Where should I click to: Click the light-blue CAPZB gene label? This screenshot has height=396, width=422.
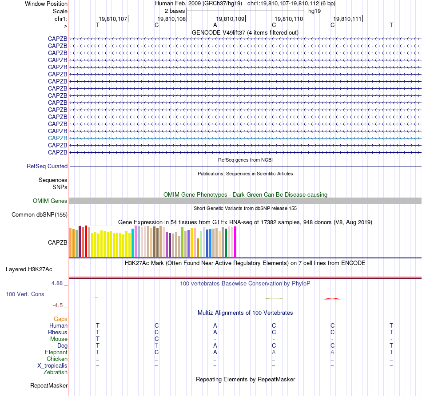tap(58, 138)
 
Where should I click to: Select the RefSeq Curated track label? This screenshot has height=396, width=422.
tap(47, 166)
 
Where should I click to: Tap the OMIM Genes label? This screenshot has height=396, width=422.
tap(50, 201)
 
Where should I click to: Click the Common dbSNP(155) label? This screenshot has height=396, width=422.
tap(40, 215)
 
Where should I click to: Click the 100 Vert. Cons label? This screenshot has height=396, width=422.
tap(25, 294)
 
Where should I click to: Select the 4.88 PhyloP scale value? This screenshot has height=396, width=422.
tap(59, 283)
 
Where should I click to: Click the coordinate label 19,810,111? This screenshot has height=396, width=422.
tap(347, 19)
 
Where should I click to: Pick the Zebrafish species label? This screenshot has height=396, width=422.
tap(56, 372)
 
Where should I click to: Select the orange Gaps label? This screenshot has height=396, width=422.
tap(60, 319)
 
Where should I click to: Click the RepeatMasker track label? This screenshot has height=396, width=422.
tap(49, 385)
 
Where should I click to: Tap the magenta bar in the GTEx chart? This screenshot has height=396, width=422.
tap(235, 242)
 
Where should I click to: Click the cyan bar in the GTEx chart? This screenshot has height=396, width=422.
tap(133, 243)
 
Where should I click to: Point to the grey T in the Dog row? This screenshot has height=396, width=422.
tap(156, 345)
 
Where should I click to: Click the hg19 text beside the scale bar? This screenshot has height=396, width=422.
tap(315, 11)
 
